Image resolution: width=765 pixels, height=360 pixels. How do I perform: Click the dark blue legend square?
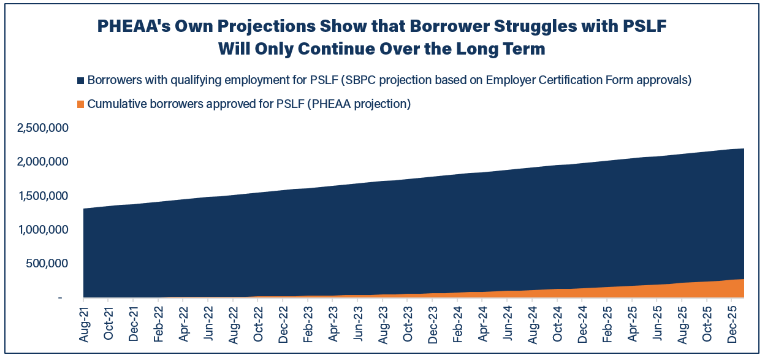(x=80, y=81)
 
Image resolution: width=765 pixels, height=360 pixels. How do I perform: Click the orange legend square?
(x=80, y=104)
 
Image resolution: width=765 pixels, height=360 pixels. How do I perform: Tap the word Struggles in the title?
(x=521, y=26)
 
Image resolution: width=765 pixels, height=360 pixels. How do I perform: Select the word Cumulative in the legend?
(x=116, y=104)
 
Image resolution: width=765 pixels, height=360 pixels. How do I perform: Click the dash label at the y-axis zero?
(x=60, y=298)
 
